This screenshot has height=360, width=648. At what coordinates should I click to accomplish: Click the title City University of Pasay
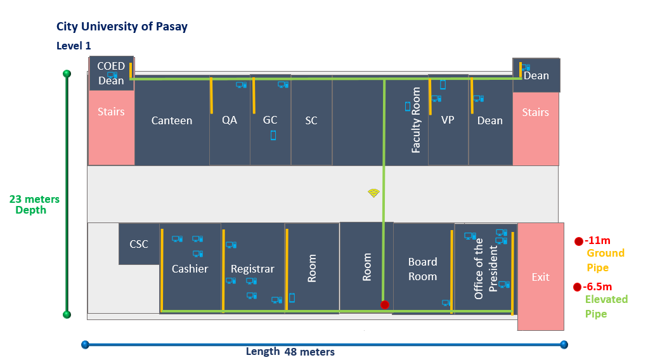pos(122,27)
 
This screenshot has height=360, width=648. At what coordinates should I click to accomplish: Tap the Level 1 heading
pos(74,46)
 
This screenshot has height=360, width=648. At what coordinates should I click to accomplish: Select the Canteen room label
pos(171,120)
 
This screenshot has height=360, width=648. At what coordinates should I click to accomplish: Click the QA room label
pos(230,119)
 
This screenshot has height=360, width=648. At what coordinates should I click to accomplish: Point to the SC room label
pos(311,120)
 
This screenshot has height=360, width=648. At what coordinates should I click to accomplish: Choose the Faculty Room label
pos(416,120)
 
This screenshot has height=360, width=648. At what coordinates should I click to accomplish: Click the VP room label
pos(448,120)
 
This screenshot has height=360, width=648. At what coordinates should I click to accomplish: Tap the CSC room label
pos(139,243)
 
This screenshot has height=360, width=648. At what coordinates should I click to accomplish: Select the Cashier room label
pos(190,269)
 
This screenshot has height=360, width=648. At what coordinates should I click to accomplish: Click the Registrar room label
pos(252,269)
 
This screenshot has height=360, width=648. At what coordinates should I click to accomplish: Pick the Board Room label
pos(422,269)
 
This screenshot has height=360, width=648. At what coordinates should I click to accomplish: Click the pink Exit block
pos(540,276)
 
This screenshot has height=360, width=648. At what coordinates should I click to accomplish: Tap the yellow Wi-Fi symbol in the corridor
pos(373,193)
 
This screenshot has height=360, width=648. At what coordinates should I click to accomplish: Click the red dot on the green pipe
pos(384,305)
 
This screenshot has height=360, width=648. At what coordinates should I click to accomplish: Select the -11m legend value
pos(597,240)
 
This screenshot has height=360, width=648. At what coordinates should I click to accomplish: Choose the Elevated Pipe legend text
pos(606,306)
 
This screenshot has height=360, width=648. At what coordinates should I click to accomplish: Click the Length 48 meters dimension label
pos(290,352)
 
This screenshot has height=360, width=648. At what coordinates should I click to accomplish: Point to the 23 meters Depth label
pos(34,204)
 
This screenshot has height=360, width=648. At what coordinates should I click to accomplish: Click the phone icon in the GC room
pos(273,135)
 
